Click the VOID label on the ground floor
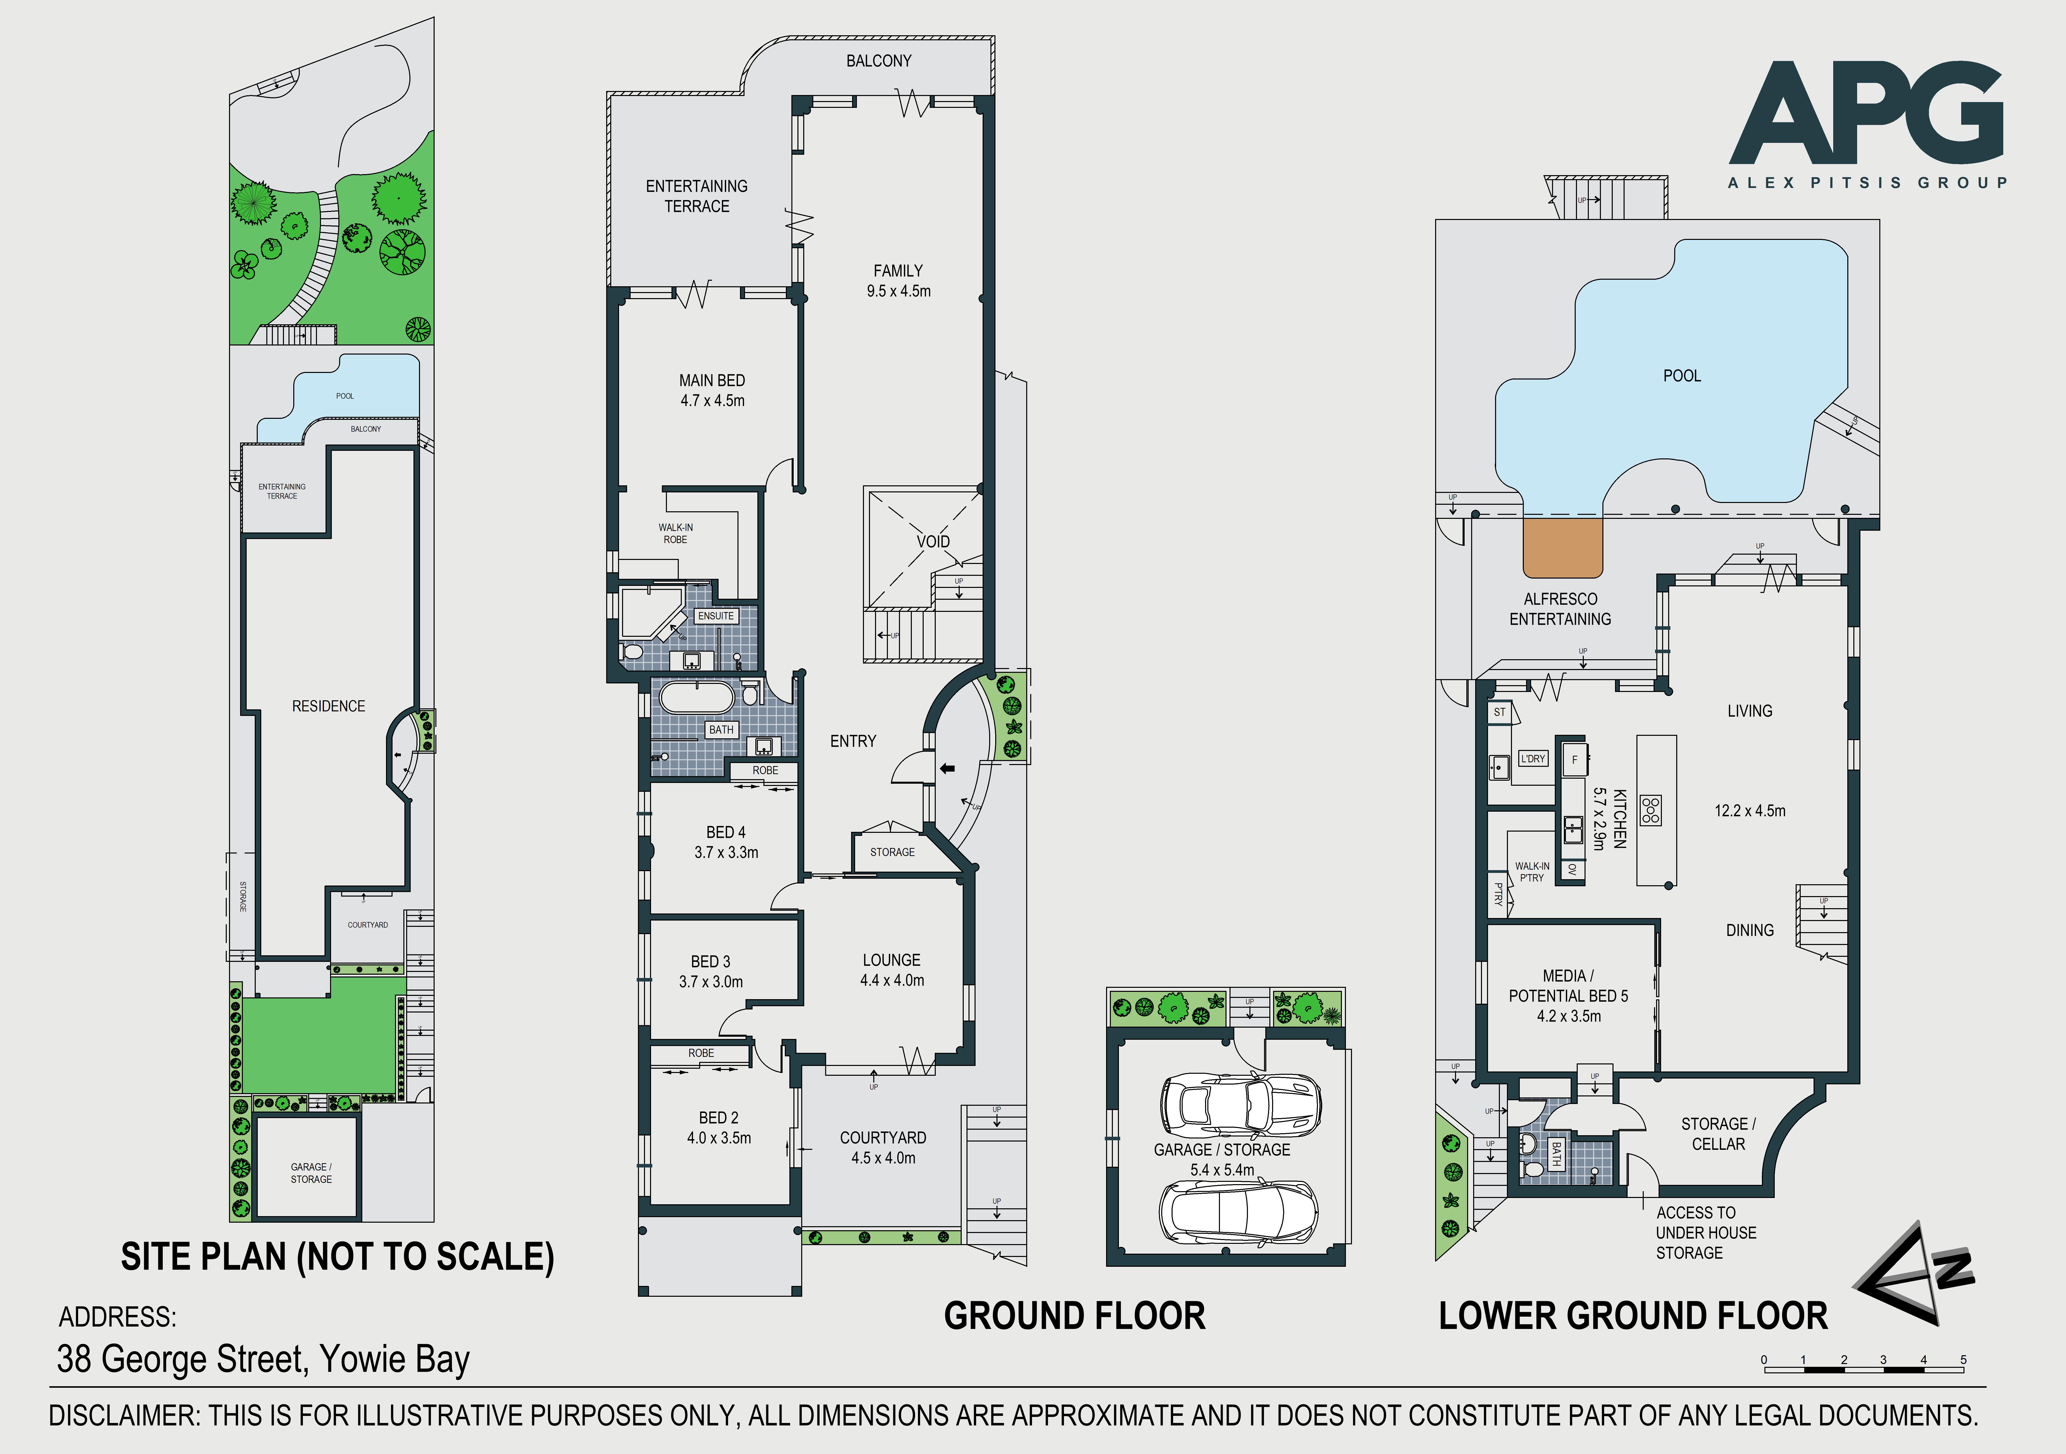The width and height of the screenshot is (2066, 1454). tap(933, 542)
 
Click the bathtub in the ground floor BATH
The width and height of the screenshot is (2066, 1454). tap(697, 697)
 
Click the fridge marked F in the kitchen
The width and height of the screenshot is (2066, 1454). tap(1574, 760)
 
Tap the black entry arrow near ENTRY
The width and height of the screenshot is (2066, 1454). tap(947, 768)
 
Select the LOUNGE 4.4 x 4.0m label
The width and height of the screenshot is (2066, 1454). tap(892, 970)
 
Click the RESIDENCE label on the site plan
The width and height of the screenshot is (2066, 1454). tap(329, 706)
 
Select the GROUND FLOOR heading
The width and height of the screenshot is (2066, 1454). tap(1074, 1316)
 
